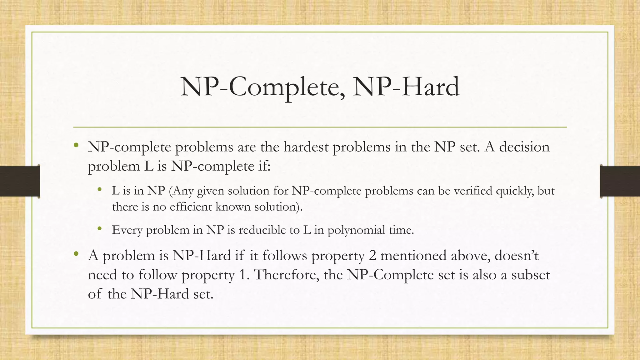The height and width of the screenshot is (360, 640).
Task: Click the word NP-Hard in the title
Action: pyautogui.click(x=406, y=87)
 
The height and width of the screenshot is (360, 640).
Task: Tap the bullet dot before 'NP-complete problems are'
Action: pyautogui.click(x=76, y=145)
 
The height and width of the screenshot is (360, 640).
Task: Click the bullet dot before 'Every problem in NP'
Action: pyautogui.click(x=100, y=229)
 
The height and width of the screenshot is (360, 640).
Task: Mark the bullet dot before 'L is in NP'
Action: pyautogui.click(x=100, y=189)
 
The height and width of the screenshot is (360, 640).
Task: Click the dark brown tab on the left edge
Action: pyautogui.click(x=20, y=181)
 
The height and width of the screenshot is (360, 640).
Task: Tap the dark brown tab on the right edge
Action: pyautogui.click(x=620, y=181)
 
